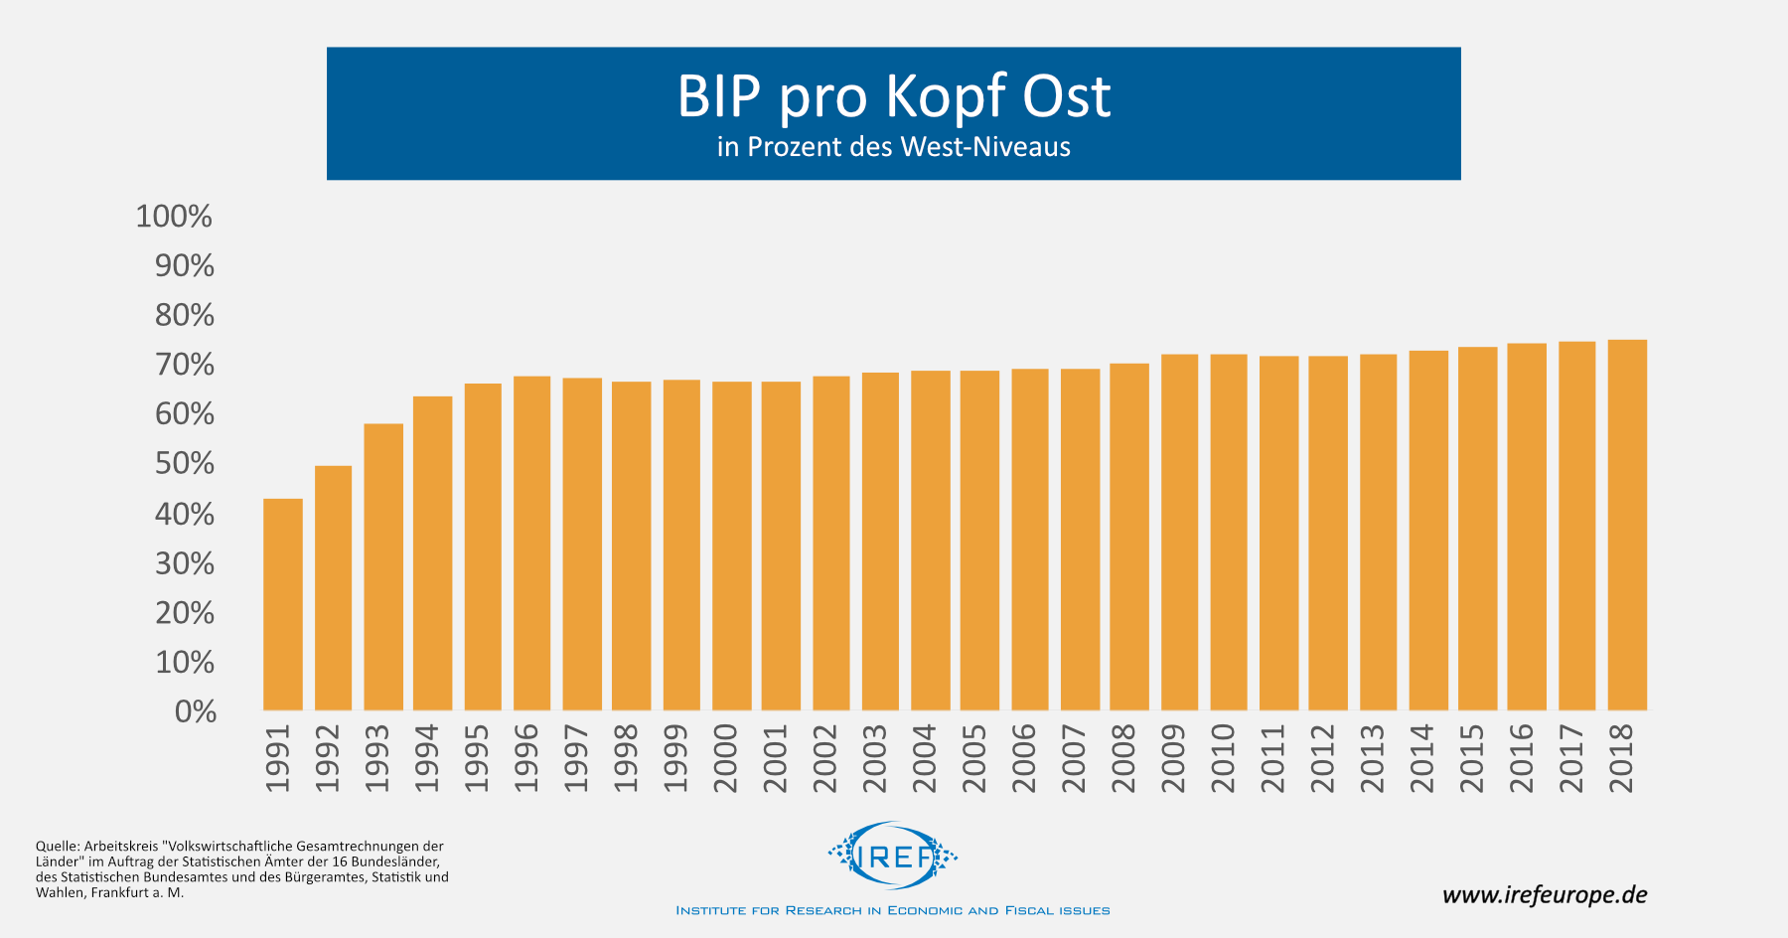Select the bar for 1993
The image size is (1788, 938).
pyautogui.click(x=383, y=566)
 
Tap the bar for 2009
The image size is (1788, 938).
pyautogui.click(x=1179, y=532)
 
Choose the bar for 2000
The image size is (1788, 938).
pyautogui.click(x=732, y=546)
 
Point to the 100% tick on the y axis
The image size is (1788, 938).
pyautogui.click(x=174, y=217)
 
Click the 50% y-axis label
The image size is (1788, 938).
pyautogui.click(x=185, y=464)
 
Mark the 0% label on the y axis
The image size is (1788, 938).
pyautogui.click(x=196, y=711)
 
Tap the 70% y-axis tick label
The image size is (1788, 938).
pyautogui.click(x=185, y=365)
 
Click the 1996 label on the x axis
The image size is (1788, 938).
pyautogui.click(x=526, y=758)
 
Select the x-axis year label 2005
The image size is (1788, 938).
pyautogui.click(x=974, y=758)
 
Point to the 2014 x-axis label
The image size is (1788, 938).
pyautogui.click(x=1422, y=758)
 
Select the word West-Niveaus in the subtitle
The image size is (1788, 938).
pyautogui.click(x=985, y=147)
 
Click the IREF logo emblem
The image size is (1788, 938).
pyautogui.click(x=893, y=855)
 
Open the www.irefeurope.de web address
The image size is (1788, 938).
pyautogui.click(x=1545, y=894)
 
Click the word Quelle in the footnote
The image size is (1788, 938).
pyautogui.click(x=57, y=847)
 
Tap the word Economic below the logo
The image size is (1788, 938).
pyautogui.click(x=925, y=910)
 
